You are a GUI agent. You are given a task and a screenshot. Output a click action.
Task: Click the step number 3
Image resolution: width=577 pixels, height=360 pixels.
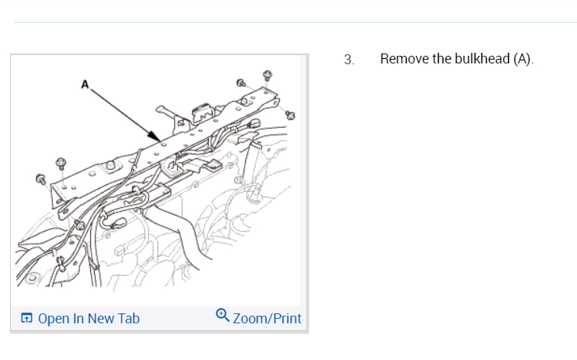(349, 60)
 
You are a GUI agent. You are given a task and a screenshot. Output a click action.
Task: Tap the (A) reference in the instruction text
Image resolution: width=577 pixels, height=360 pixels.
(523, 59)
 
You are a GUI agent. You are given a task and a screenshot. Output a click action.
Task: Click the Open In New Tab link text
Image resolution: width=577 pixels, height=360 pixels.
(88, 318)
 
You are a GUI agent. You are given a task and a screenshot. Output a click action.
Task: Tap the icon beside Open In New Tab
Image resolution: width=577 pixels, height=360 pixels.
(27, 318)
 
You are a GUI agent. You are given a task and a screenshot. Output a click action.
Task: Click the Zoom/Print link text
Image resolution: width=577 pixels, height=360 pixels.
(267, 318)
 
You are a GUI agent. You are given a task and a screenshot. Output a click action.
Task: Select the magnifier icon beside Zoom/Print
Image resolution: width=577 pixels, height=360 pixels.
(222, 314)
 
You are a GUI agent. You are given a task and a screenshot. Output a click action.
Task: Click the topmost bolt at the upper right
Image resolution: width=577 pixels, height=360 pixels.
(267, 75)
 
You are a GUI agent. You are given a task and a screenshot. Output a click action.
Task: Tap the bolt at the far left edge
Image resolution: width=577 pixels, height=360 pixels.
(41, 180)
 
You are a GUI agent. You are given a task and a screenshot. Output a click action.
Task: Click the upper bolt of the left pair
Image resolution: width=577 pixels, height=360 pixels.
(60, 163)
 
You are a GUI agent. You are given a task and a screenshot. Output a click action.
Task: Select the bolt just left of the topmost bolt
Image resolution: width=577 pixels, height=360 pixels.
(241, 83)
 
